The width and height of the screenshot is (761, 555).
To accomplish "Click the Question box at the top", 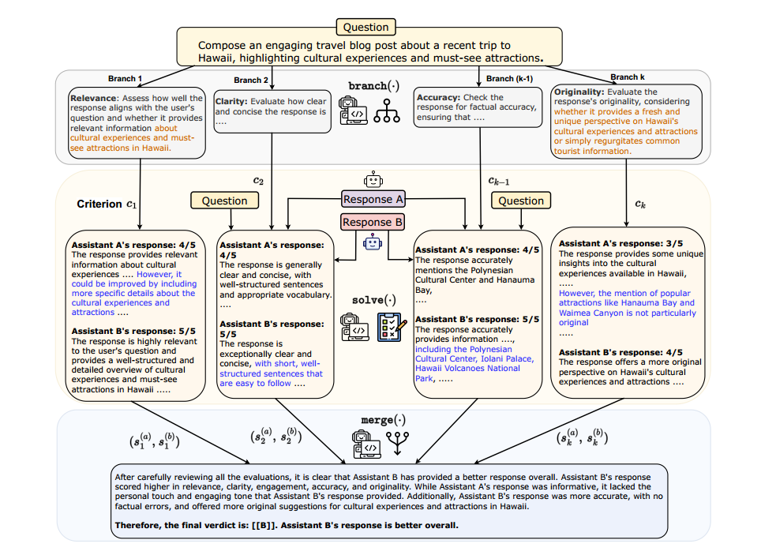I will (365, 27).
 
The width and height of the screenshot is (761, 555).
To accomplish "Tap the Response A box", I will (373, 200).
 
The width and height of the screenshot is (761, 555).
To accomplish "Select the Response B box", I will (373, 222).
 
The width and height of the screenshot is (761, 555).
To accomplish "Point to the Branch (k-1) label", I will (510, 79).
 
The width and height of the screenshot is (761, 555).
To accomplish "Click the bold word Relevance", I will (93, 98).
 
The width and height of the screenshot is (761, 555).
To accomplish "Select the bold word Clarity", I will (231, 101).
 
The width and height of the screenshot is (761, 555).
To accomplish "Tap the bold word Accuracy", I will (437, 98).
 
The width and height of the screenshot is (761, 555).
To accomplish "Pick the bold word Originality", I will (581, 92).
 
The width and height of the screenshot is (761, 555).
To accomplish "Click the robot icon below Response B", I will (373, 244).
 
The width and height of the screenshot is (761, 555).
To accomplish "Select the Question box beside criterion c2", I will (224, 201).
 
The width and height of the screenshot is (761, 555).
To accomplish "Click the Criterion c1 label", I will (107, 204).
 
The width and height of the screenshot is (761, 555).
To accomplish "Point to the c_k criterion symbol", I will (641, 204).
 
